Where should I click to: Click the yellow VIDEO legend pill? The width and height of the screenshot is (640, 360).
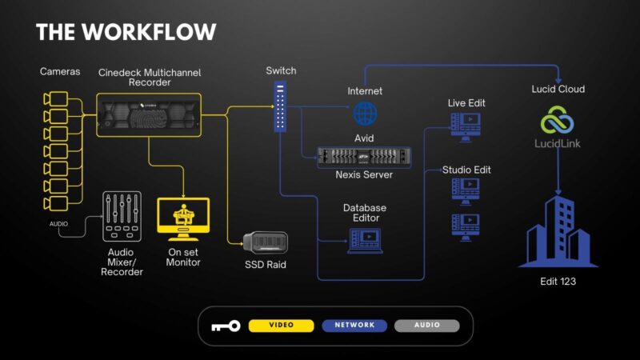(281, 326)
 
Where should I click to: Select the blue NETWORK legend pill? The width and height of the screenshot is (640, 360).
(354, 326)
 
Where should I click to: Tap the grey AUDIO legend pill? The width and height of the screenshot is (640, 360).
(427, 326)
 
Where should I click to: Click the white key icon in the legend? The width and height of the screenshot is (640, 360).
(225, 326)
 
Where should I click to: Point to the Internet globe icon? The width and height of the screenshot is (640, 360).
(366, 113)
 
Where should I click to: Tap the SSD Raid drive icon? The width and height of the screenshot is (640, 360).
(266, 242)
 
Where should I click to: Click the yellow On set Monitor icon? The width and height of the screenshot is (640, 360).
(184, 218)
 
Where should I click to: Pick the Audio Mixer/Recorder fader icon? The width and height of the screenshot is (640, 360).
(122, 217)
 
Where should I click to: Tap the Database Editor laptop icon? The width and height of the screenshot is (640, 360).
(365, 240)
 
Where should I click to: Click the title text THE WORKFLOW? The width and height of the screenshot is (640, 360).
(126, 32)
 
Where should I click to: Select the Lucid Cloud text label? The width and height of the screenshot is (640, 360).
(558, 89)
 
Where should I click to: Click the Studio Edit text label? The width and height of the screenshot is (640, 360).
(466, 170)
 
